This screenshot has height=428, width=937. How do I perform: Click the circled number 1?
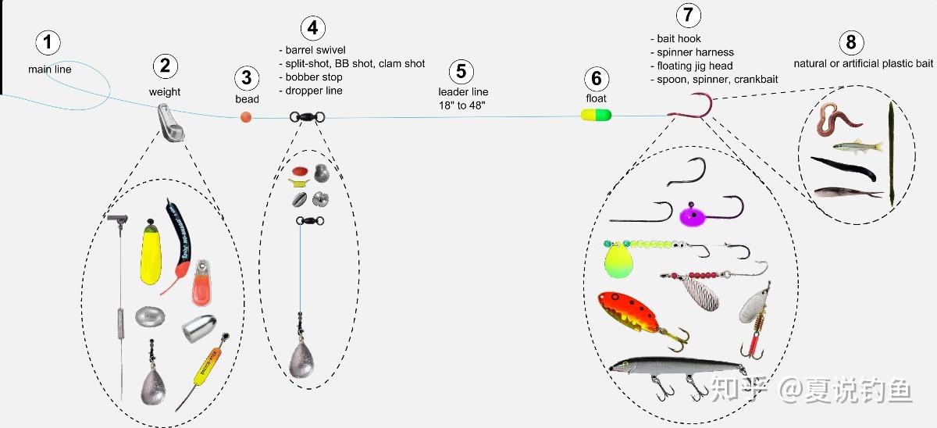click(49, 43)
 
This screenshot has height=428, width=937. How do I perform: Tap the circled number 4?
click(312, 28)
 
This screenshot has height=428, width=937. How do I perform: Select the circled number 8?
click(850, 42)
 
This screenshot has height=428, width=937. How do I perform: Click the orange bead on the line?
click(247, 117)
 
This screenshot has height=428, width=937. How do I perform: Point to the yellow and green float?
click(596, 115)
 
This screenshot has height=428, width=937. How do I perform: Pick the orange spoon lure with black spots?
click(629, 314)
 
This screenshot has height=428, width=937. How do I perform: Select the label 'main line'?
click(49, 70)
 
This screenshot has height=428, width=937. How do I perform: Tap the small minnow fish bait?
click(857, 145)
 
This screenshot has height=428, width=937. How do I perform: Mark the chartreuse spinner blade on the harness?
click(617, 260)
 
